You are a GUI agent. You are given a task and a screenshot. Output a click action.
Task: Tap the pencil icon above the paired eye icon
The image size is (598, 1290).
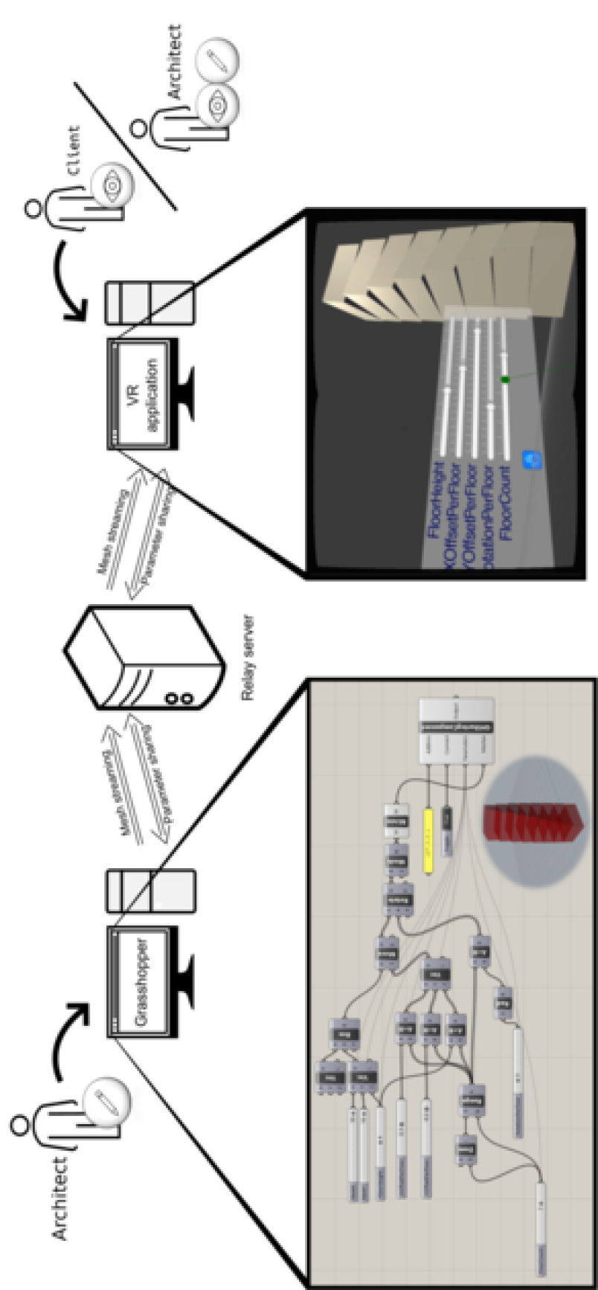217,60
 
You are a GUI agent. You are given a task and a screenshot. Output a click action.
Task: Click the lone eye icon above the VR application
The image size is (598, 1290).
112,184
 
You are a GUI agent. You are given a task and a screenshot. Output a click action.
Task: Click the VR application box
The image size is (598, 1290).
138,394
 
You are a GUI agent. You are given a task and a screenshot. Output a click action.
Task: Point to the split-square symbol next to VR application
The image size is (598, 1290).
150,303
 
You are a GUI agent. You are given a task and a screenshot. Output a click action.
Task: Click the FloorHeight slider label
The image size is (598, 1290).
436,500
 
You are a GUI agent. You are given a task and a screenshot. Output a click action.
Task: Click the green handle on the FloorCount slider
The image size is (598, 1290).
505,380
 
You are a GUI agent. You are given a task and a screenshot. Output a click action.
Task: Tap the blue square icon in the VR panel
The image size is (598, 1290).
532,460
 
